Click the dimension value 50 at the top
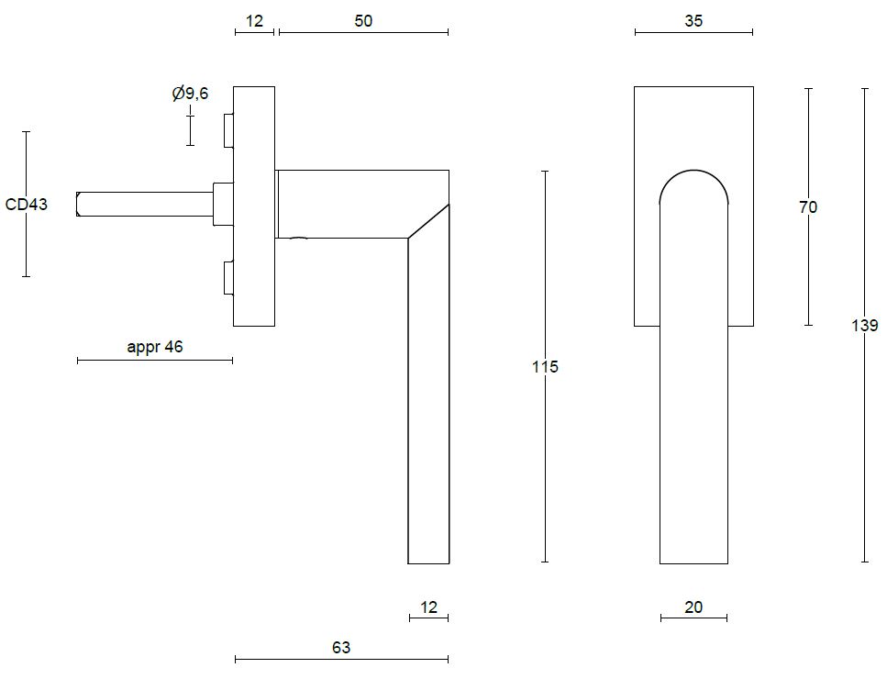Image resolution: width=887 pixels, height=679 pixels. point(363,20)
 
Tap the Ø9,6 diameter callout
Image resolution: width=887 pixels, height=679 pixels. point(190,94)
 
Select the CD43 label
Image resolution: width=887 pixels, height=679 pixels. point(26,205)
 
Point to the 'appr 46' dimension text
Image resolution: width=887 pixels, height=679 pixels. point(155,347)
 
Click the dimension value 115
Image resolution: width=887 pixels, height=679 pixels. point(545,367)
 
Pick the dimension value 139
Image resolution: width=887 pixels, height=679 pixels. point(864,325)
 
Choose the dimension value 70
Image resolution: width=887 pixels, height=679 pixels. point(807,207)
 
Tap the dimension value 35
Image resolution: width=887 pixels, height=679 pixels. point(693,20)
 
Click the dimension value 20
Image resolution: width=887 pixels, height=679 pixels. point(693,607)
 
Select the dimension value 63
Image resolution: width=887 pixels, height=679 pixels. point(341,647)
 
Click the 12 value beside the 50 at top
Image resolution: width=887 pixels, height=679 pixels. point(254,20)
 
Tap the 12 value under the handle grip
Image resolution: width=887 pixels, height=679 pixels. point(428,607)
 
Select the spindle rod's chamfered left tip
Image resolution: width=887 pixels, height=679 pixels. point(81,205)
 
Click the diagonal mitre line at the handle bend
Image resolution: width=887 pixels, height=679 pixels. point(428,221)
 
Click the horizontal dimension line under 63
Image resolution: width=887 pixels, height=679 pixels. point(341,659)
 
